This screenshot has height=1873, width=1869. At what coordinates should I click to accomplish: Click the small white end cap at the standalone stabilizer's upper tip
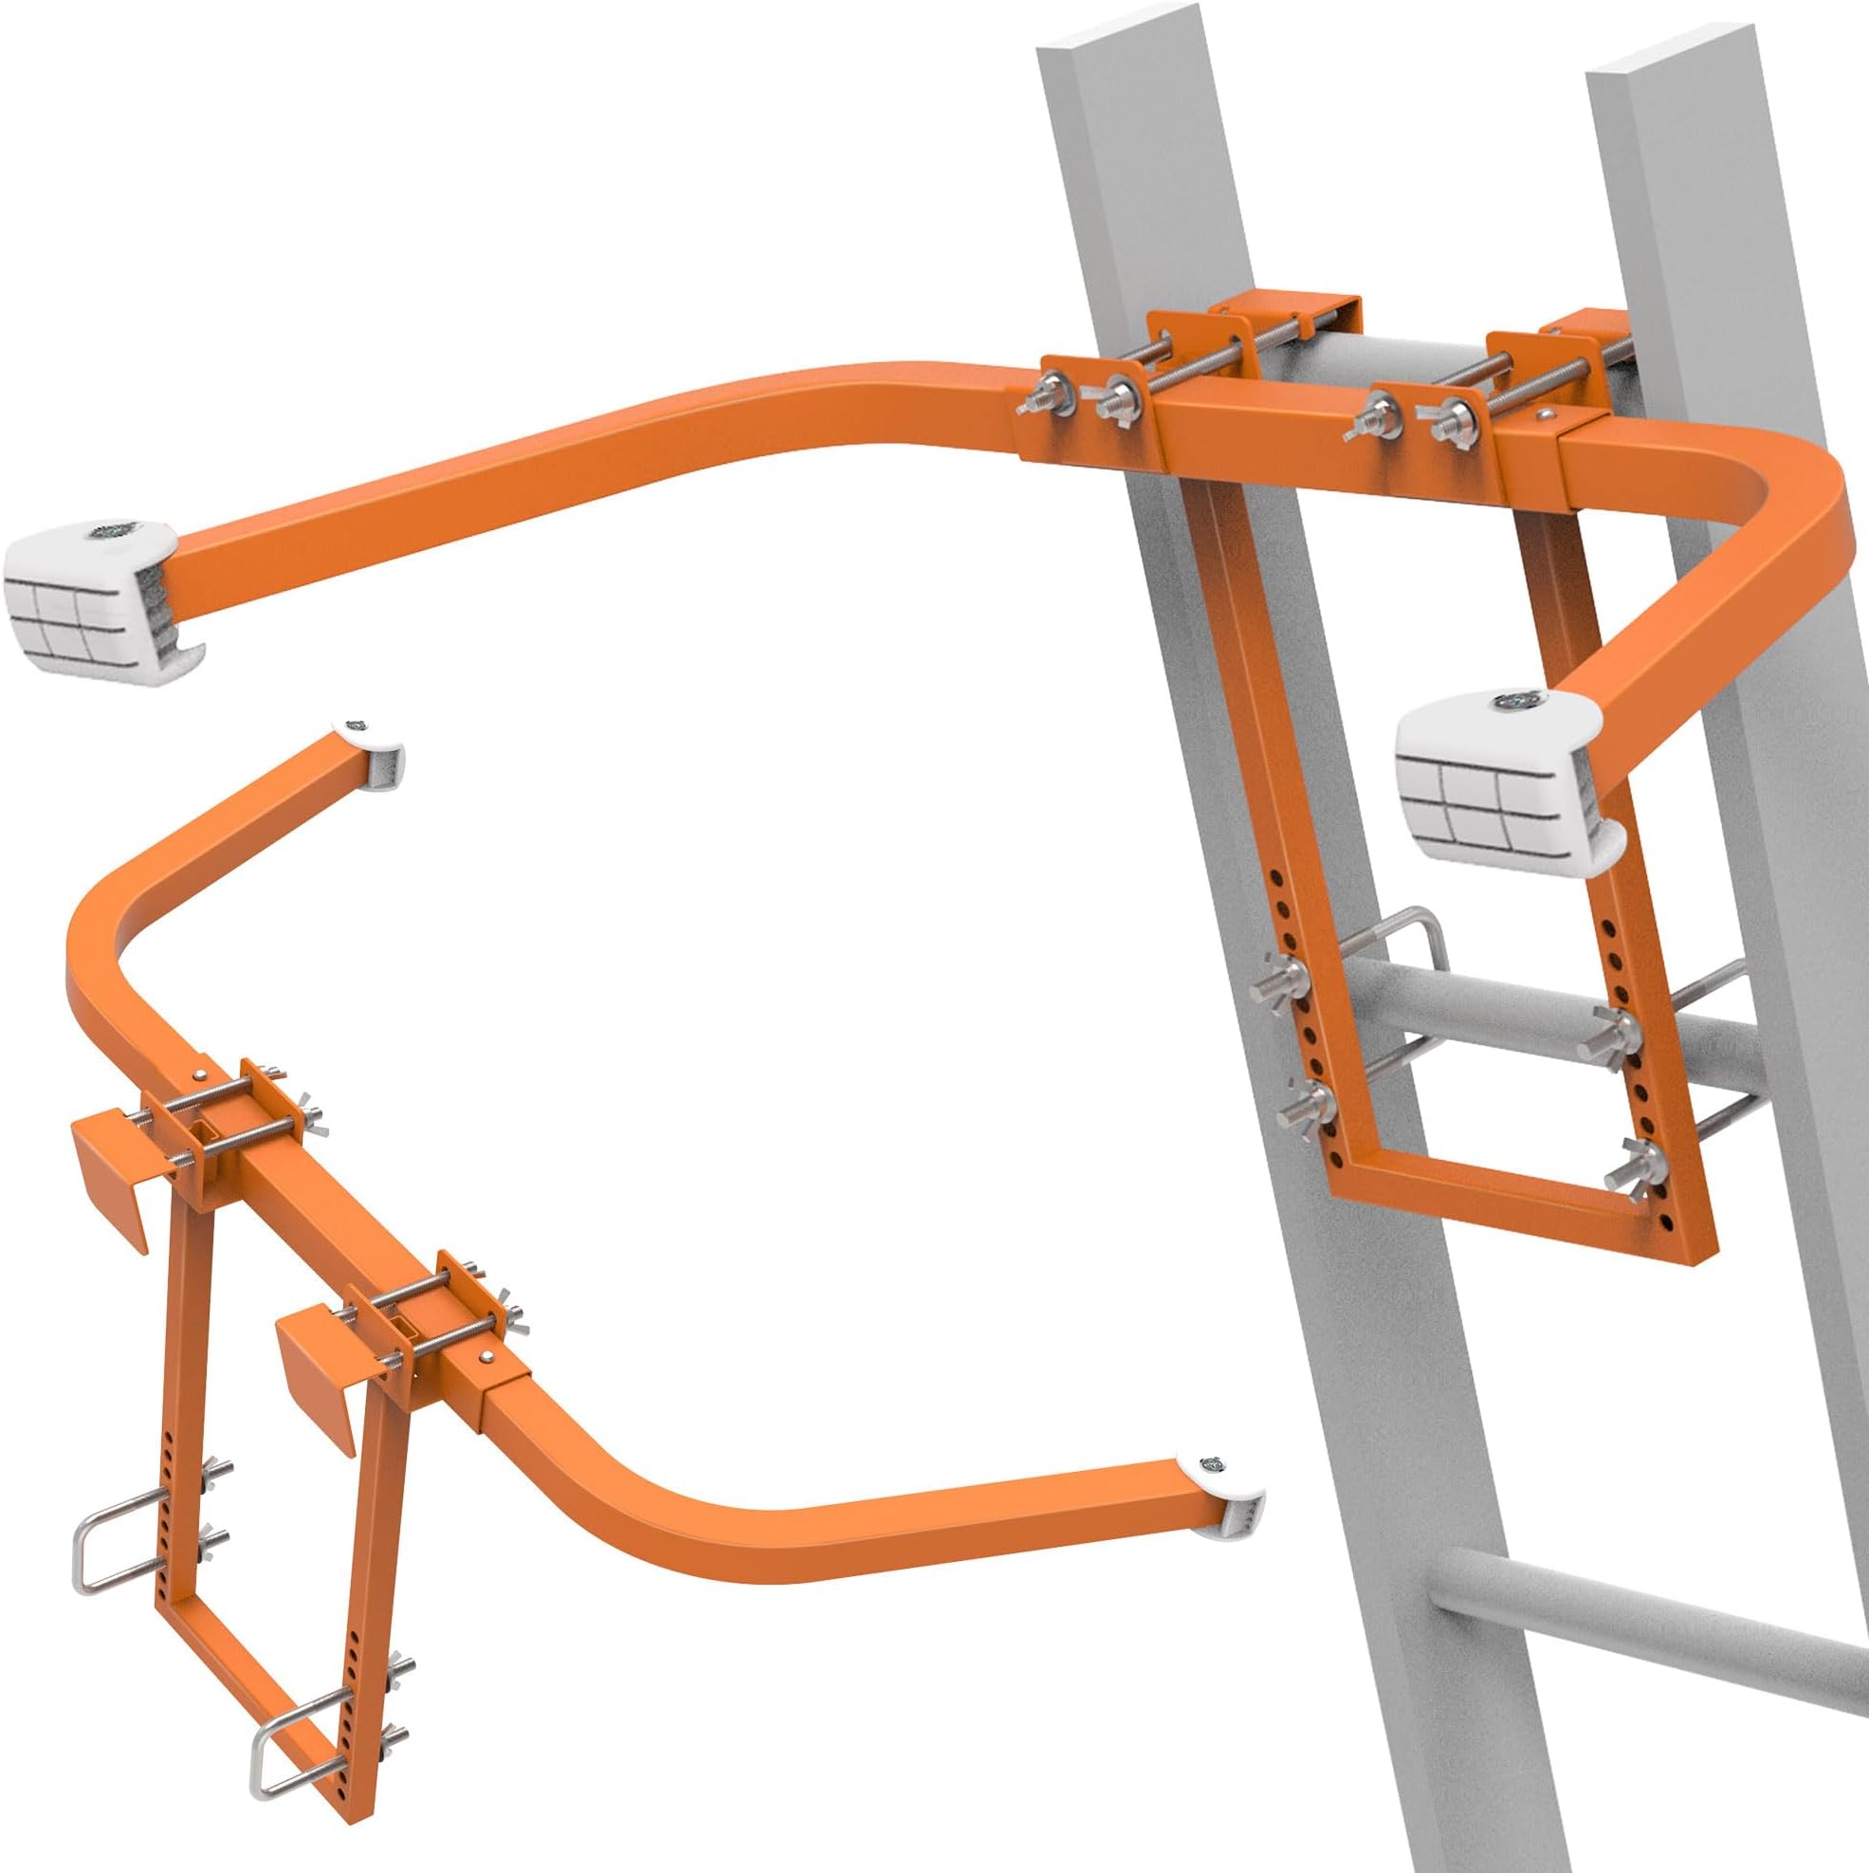coord(373,751)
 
